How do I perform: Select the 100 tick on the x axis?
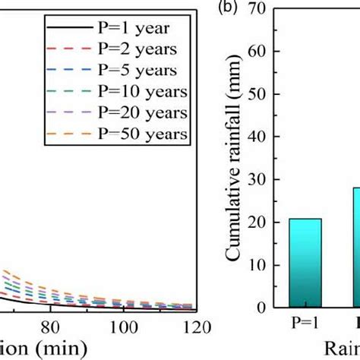tap(122, 327)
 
